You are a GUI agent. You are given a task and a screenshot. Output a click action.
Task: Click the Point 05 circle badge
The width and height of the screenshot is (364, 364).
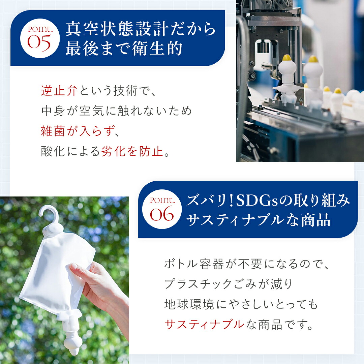pos(40,38)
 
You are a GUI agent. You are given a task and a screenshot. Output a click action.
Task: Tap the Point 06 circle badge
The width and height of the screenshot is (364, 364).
pos(162,209)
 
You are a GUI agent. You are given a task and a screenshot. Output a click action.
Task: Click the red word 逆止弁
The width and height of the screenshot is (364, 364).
pos(59,91)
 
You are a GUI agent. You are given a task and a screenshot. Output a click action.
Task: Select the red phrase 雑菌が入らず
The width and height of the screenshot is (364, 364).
pos(78,131)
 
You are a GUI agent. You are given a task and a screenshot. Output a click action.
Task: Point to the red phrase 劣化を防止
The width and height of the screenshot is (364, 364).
pos(132,151)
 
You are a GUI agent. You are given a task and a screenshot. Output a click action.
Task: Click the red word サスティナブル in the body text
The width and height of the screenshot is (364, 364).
pos(204,324)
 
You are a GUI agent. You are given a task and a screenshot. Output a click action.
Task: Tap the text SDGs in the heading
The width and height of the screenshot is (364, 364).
pos(257,201)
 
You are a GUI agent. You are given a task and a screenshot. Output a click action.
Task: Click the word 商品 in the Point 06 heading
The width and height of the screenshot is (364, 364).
pos(316,220)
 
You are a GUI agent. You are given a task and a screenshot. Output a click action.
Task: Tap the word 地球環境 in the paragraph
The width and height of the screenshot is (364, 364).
pos(189,304)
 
